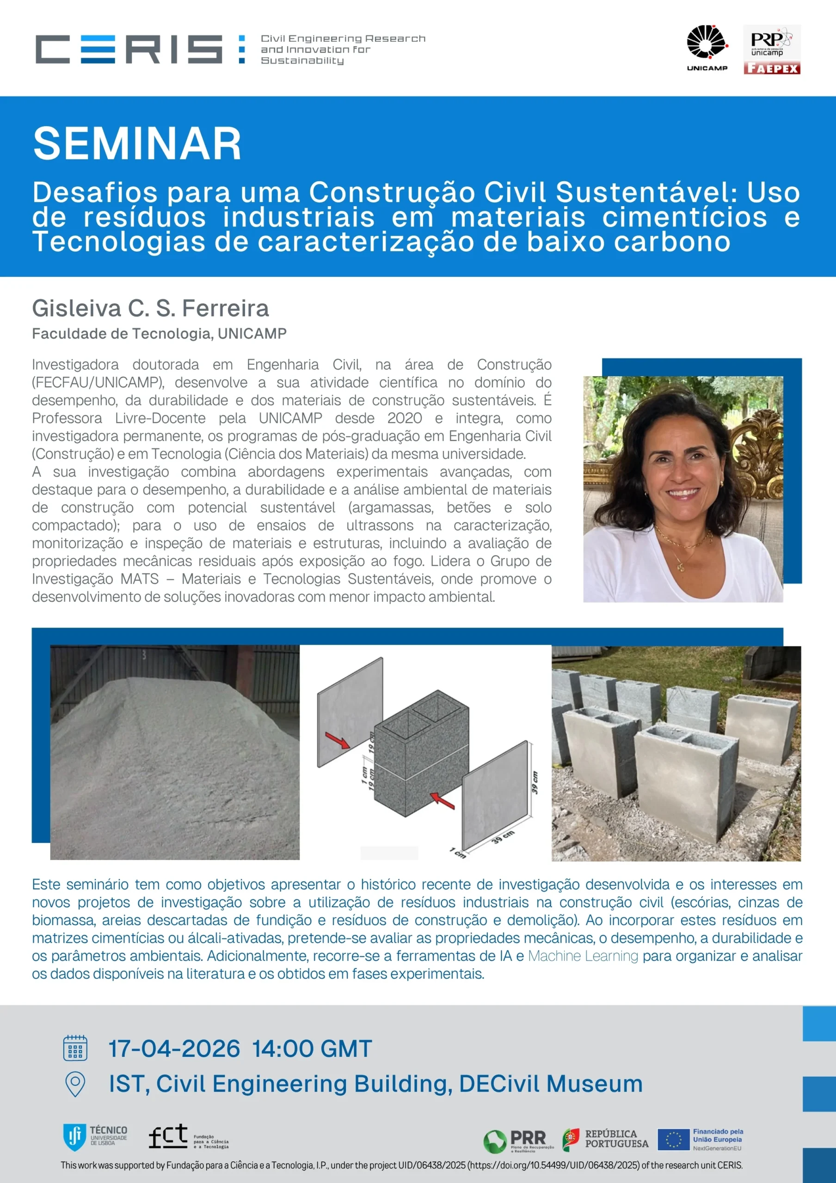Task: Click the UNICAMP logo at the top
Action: [x=707, y=48]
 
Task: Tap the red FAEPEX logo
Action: [x=772, y=68]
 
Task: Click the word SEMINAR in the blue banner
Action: [x=137, y=144]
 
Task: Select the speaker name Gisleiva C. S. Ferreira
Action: [x=150, y=308]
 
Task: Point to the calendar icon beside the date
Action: [x=75, y=1049]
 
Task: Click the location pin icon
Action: [x=75, y=1085]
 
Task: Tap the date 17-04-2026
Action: [x=174, y=1049]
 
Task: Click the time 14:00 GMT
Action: [x=312, y=1049]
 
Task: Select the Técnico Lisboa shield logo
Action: [x=74, y=1138]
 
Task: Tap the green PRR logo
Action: [x=495, y=1141]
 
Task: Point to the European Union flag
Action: [x=673, y=1139]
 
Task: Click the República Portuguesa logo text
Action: [x=616, y=1139]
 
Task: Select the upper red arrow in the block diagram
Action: [x=337, y=740]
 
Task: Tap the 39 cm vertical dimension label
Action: [x=535, y=782]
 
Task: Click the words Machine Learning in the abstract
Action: [x=583, y=956]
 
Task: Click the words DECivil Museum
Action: [x=550, y=1084]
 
